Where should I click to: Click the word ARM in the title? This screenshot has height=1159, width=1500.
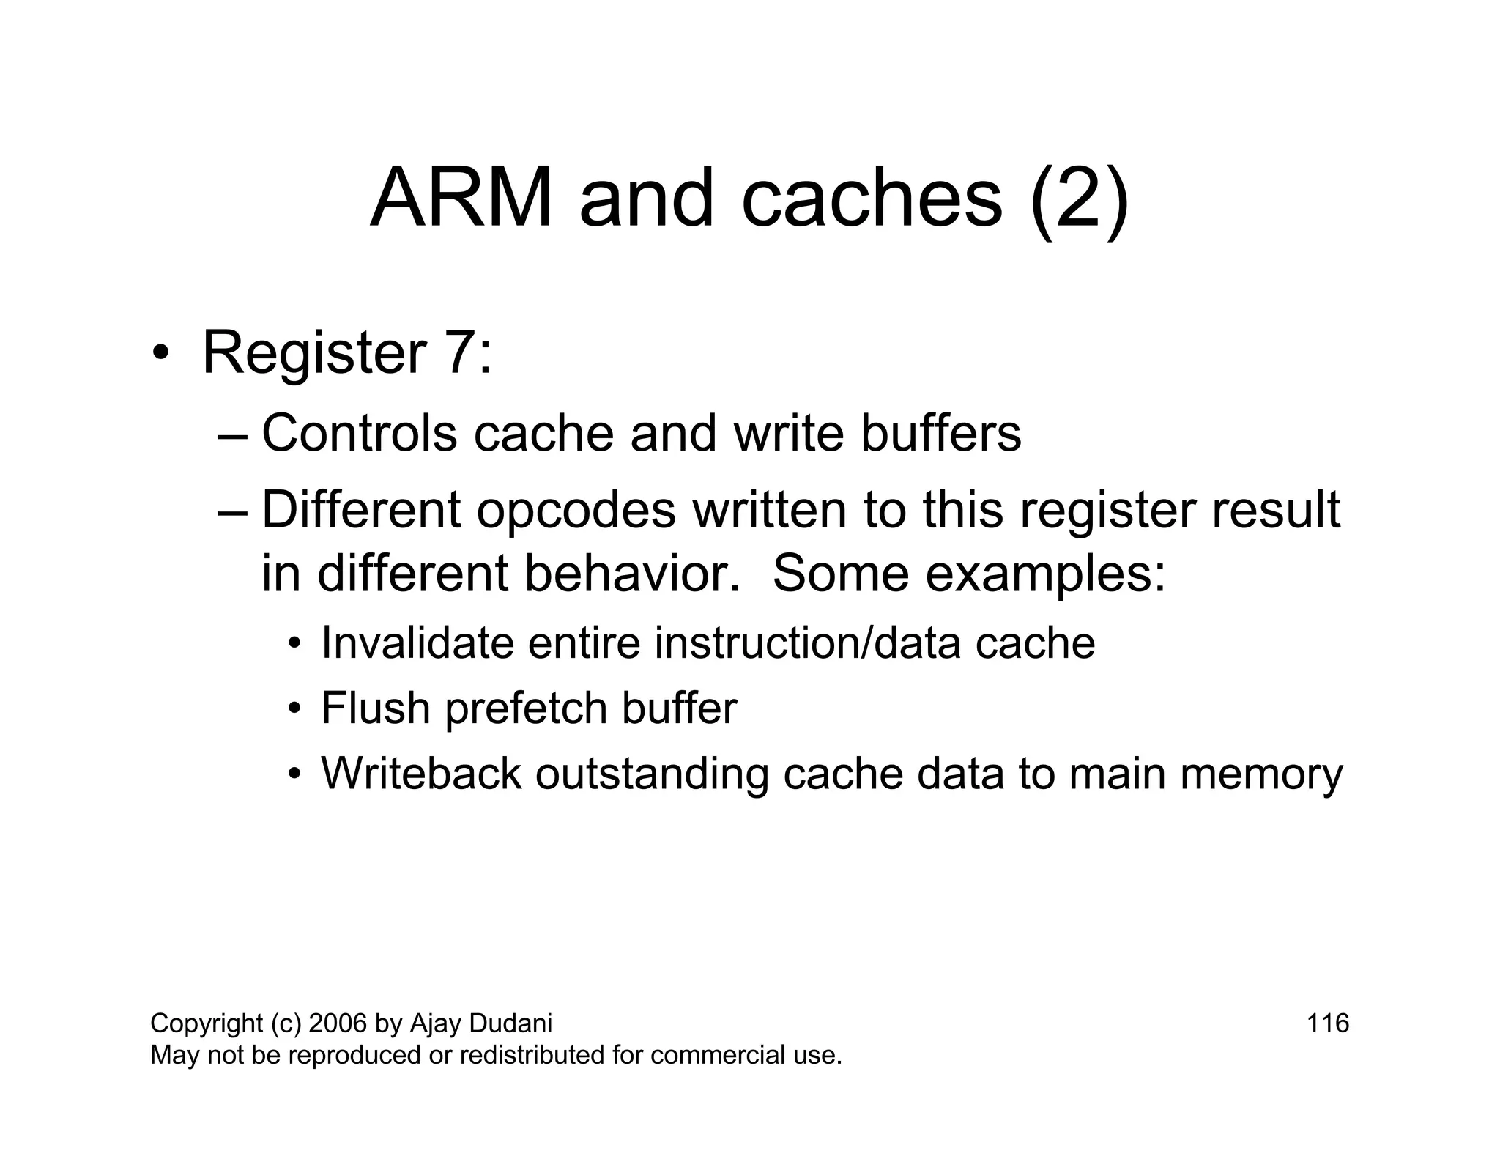(x=461, y=199)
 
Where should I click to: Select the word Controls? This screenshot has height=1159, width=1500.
(x=359, y=433)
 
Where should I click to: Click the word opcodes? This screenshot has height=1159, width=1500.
(x=576, y=510)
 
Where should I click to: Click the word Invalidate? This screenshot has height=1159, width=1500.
(x=417, y=643)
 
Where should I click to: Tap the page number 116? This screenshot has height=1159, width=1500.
(x=1327, y=1023)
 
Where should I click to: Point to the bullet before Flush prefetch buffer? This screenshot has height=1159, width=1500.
(x=294, y=709)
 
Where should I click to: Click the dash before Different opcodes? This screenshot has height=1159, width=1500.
(x=234, y=511)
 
